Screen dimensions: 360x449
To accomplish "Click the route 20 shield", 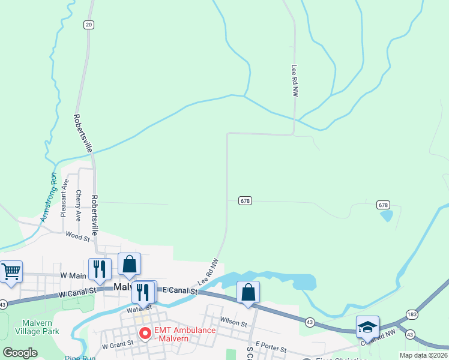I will [x=89, y=24].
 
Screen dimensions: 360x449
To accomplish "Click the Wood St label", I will [x=77, y=237].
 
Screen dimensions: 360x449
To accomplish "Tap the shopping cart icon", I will [x=11, y=271].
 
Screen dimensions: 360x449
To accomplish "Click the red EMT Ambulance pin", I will [x=145, y=332].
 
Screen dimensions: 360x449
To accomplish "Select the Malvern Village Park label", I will [x=37, y=326].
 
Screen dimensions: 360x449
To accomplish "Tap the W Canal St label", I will [x=78, y=292].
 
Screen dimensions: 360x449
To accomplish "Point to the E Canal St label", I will [x=181, y=290].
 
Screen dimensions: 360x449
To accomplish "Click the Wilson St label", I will [x=234, y=322].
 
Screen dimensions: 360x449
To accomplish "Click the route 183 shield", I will [x=411, y=314].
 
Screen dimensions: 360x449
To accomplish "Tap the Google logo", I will [x=20, y=353].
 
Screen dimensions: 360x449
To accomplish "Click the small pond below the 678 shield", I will [x=387, y=215].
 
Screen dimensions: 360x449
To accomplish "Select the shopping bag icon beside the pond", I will [x=248, y=292].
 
